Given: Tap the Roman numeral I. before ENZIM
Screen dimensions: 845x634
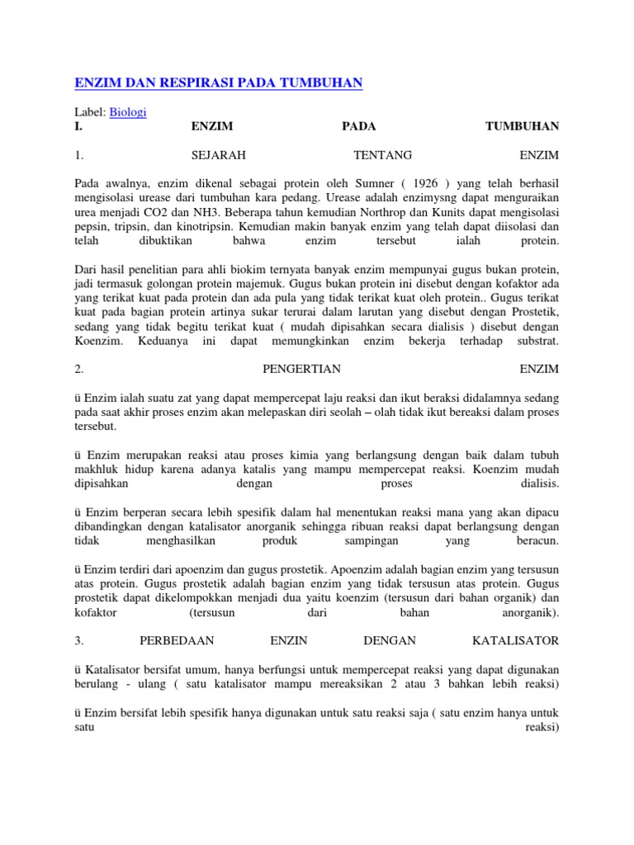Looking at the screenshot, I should pyautogui.click(x=78, y=126).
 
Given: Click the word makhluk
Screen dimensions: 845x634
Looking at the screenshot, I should pyautogui.click(x=94, y=469).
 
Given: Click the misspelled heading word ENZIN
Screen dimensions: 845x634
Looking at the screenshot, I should pyautogui.click(x=289, y=640).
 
